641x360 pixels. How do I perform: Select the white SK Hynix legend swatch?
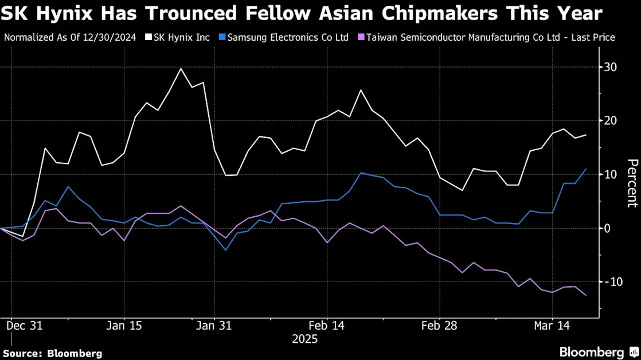pos(148,38)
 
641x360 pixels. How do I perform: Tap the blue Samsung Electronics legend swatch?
pos(222,38)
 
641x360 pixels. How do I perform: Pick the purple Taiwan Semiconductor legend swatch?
pos(361,38)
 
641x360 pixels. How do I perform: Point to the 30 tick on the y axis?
pos(611,67)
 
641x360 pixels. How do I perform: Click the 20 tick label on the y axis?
pos(611,120)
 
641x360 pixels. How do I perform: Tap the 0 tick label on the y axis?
pos(607,228)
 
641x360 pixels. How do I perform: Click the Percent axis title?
pos(632,183)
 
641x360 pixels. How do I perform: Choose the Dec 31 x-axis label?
pos(25,326)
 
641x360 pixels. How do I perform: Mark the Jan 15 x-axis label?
pos(124,326)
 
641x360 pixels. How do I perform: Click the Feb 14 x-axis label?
pos(327,326)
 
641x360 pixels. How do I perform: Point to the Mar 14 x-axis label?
pos(552,326)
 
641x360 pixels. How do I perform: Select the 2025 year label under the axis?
pos(304,339)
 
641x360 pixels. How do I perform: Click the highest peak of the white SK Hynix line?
pos(181,68)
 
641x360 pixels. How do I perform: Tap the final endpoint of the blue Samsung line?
pos(586,169)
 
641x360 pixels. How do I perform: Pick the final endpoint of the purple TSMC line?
pos(586,295)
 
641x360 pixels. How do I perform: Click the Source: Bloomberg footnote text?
pos(53,354)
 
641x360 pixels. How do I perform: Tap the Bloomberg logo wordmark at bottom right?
pos(592,352)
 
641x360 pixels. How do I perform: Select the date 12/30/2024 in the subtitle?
pos(110,38)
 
